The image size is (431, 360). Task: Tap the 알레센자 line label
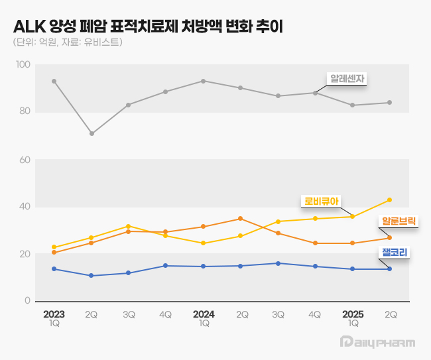pos(349,78)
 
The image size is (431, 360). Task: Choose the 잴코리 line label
pos(394,252)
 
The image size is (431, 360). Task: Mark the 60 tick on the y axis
pos(26,160)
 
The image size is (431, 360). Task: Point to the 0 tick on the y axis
pos(28,301)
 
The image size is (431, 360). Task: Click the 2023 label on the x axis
pos(54,314)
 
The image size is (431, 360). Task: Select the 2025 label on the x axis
pos(353,314)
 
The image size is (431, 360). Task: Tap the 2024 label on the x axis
pos(204,314)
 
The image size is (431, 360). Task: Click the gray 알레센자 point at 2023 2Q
pos(92,133)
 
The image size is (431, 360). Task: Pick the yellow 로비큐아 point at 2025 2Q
pos(389,200)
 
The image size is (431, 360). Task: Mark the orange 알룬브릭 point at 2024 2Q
pos(240,219)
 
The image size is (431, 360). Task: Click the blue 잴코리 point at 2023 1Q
pos(54,269)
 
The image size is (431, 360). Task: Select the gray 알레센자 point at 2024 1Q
pos(203,81)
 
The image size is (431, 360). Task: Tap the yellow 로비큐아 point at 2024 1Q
pos(203,243)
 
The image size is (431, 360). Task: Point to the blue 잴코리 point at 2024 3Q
pos(278,263)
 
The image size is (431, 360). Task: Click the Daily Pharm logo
pos(377,342)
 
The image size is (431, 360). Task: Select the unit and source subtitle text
pos(67,42)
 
